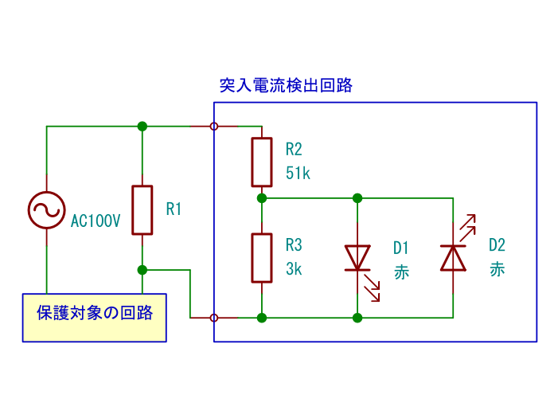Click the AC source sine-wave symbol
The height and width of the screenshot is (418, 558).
(46, 210)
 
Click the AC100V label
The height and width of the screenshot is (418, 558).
(96, 221)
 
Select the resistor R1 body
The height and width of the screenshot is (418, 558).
(142, 210)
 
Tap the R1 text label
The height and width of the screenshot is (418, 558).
(174, 209)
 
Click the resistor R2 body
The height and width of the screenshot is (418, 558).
(262, 162)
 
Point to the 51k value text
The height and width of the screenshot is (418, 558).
(298, 174)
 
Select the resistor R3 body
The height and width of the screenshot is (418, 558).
(262, 258)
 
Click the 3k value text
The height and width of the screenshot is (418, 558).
(294, 269)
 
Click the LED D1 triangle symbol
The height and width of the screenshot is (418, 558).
(357, 258)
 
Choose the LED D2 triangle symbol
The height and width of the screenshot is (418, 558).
(453, 258)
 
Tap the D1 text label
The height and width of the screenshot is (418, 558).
(400, 247)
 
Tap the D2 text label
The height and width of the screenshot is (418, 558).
(497, 245)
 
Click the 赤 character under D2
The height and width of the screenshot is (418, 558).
(497, 269)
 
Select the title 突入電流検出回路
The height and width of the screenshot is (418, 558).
(286, 86)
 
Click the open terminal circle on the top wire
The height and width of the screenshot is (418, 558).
(214, 126)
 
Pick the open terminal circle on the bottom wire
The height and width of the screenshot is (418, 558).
(214, 318)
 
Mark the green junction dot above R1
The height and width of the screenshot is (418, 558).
(142, 126)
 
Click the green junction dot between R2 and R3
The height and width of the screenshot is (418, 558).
(262, 197)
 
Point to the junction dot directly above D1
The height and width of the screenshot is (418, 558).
(357, 197)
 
